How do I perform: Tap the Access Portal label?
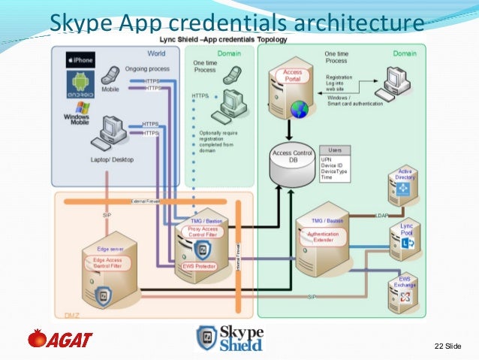(292, 76)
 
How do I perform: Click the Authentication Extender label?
(324, 237)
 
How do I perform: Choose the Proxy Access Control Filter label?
(203, 232)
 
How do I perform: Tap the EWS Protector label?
(200, 265)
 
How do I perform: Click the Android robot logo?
(80, 85)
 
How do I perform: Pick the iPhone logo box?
(80, 59)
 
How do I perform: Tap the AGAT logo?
(60, 340)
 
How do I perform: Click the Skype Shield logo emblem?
(207, 337)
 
